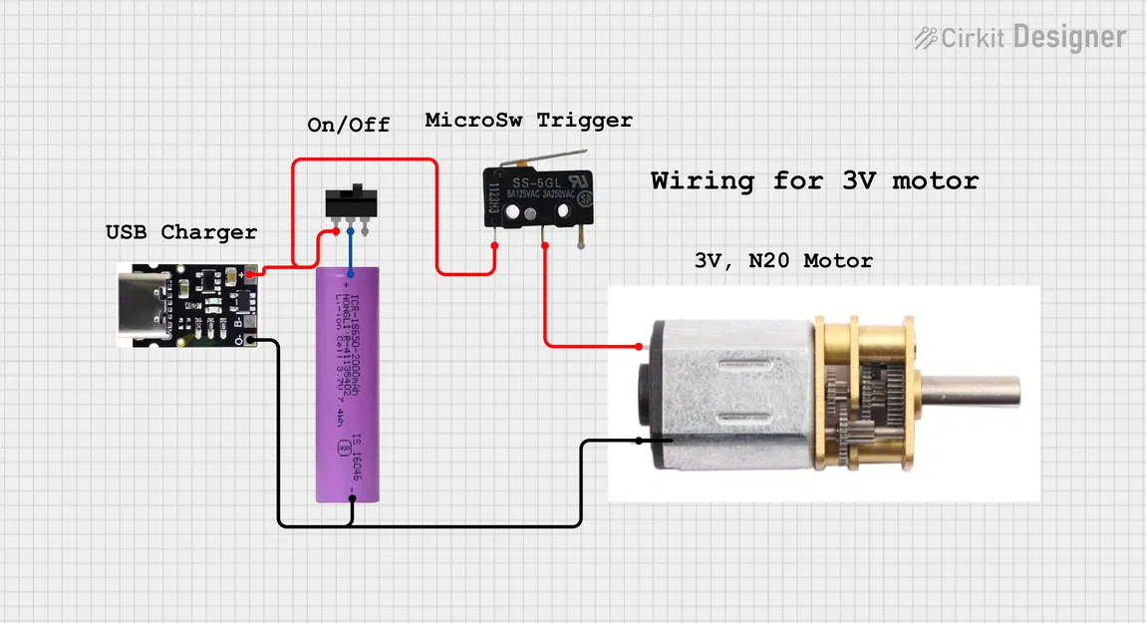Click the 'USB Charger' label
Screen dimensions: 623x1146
[181, 232]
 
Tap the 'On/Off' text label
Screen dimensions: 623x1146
[348, 125]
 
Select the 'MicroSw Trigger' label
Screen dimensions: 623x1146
[528, 120]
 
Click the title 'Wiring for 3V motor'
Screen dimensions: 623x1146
[814, 180]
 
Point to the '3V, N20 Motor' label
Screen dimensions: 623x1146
[783, 260]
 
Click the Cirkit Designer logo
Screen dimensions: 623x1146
[1020, 38]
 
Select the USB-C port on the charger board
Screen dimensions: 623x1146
[141, 306]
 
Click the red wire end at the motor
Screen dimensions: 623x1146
[639, 347]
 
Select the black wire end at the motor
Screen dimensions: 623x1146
[639, 441]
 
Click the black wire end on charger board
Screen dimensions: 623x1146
[249, 341]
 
